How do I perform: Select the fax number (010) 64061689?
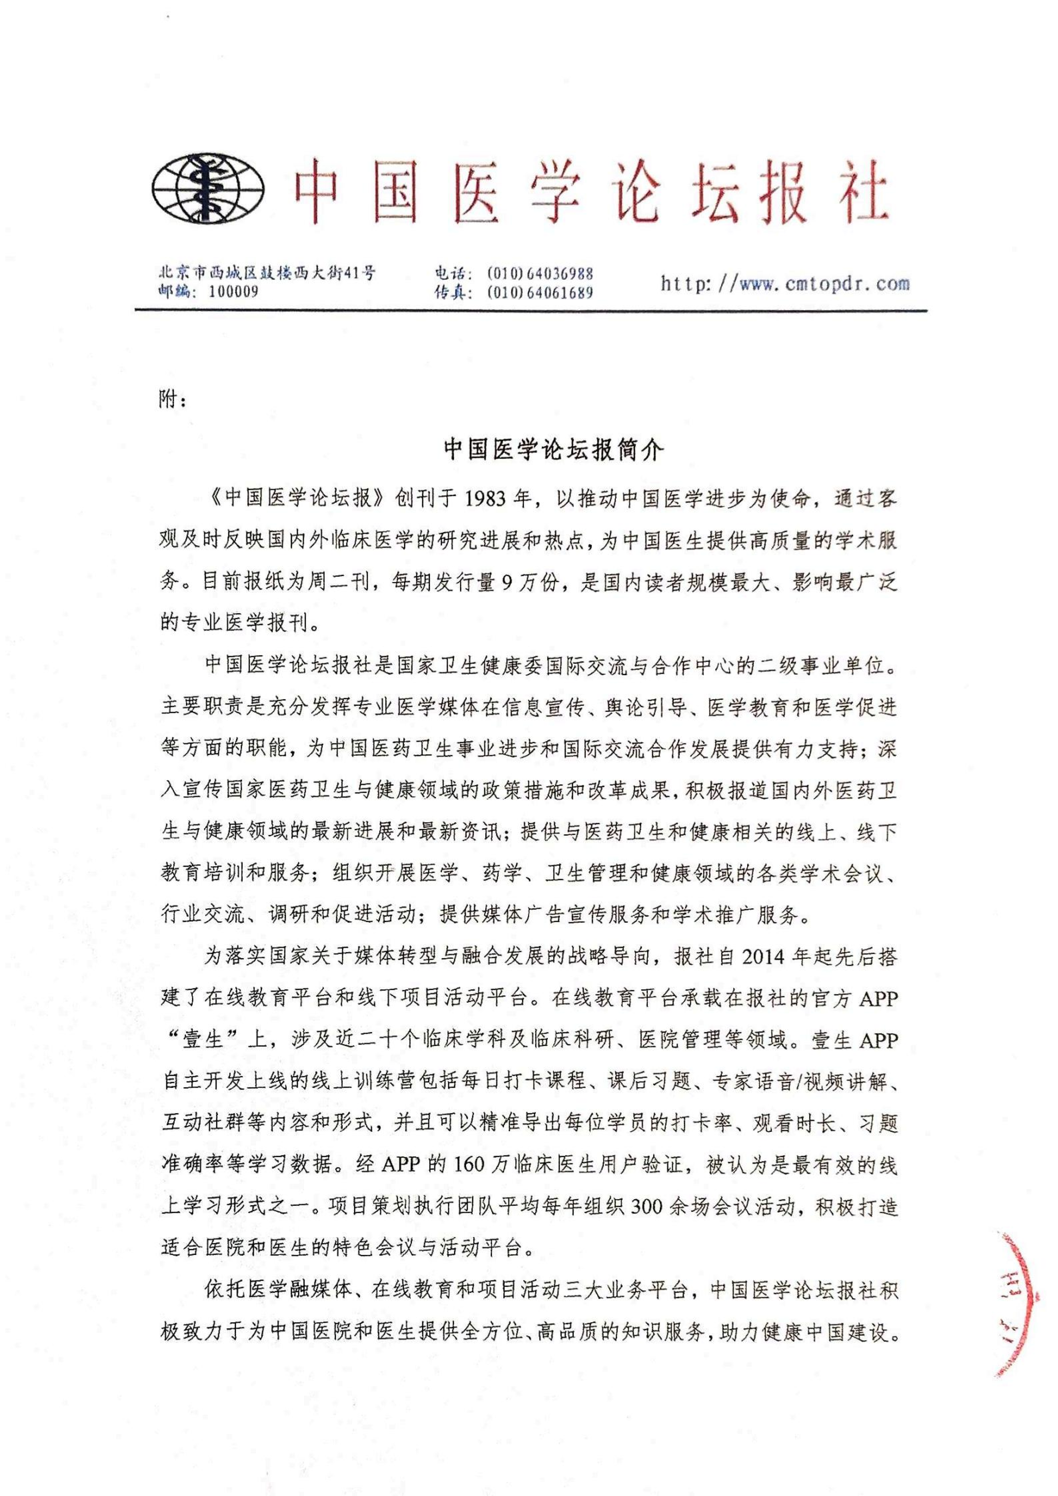click(540, 293)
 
